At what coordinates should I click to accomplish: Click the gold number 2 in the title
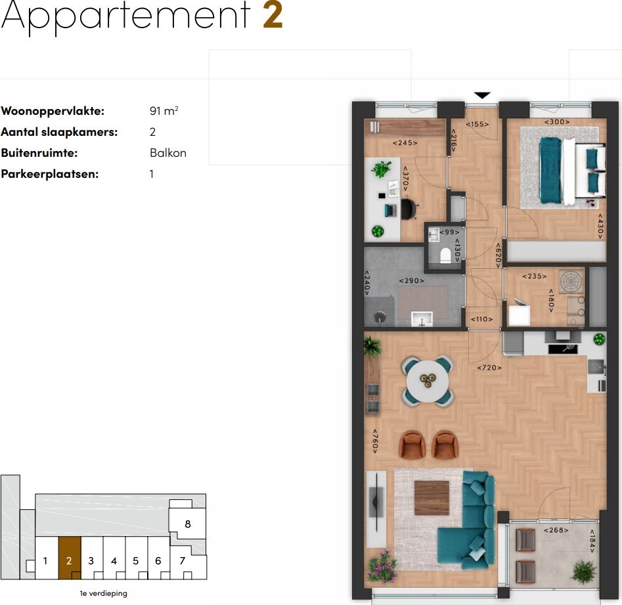tap(273, 15)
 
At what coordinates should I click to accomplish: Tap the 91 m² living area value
tap(164, 110)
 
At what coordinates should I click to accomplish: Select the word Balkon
tap(167, 153)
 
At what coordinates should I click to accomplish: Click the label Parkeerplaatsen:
tap(49, 174)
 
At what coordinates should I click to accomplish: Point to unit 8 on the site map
tap(188, 524)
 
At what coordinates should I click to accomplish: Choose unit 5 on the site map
tap(136, 560)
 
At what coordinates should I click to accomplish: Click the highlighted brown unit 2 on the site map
tap(70, 558)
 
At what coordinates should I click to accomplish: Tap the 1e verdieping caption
tap(104, 593)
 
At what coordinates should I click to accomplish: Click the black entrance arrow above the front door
tap(482, 95)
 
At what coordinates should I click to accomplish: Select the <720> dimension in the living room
tap(489, 367)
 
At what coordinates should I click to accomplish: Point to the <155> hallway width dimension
tap(478, 124)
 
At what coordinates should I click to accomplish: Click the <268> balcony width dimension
tap(556, 530)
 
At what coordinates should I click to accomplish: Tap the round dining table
tap(428, 381)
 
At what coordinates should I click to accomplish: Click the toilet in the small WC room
tap(445, 255)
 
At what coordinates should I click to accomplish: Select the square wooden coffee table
tap(432, 497)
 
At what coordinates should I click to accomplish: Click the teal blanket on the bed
tap(550, 171)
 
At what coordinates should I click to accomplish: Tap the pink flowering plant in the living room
tap(382, 566)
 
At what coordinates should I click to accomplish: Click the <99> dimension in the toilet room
tap(449, 232)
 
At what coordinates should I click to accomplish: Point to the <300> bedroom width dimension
tap(556, 121)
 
